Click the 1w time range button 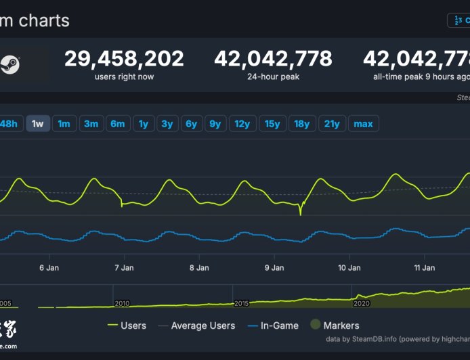(x=38, y=123)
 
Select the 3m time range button (x=91, y=123)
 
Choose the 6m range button (x=118, y=123)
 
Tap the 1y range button (x=144, y=123)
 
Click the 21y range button (x=332, y=123)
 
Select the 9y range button (x=215, y=123)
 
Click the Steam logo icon (x=10, y=65)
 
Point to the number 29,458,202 (x=124, y=59)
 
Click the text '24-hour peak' (x=273, y=76)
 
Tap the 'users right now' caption (x=124, y=76)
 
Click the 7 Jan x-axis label (x=124, y=268)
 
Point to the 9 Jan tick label (x=274, y=268)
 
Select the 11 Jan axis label (x=424, y=268)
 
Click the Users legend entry (x=133, y=325)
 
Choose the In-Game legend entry (x=279, y=325)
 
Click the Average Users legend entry (x=202, y=325)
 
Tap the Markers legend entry (x=341, y=325)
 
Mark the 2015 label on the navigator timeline (x=241, y=304)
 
